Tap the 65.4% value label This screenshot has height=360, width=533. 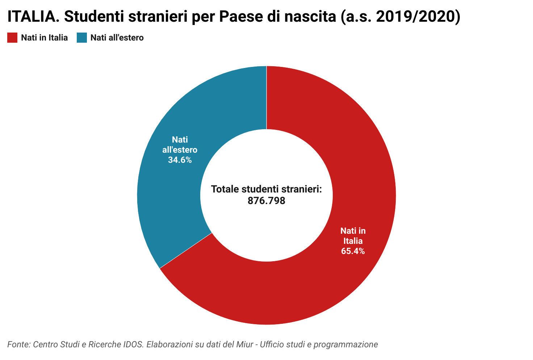tap(353, 251)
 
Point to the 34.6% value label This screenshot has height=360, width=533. tap(180, 160)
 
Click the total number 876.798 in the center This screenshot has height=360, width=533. tap(266, 201)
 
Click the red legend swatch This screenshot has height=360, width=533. tap(12, 38)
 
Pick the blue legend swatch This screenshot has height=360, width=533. tap(82, 38)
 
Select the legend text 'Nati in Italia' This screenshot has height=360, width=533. tap(44, 38)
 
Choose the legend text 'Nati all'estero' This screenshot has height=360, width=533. tap(117, 38)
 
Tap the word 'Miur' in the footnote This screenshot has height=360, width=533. tap(246, 344)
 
